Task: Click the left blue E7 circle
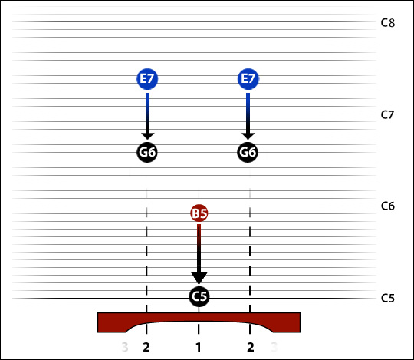(x=147, y=79)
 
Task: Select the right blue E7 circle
(x=248, y=79)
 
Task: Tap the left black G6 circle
(x=147, y=152)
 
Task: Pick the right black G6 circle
(x=248, y=152)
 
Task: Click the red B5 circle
(x=199, y=213)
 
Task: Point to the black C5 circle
(x=199, y=296)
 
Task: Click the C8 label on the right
(x=388, y=23)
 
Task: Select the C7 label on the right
(x=387, y=114)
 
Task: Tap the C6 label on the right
(x=388, y=206)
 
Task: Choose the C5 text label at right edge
(x=388, y=298)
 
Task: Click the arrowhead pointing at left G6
(x=148, y=135)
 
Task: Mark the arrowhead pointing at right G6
(x=248, y=135)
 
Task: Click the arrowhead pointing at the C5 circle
(x=199, y=278)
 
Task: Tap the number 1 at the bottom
(x=199, y=347)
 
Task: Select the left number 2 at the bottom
(x=146, y=347)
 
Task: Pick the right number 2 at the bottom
(x=251, y=347)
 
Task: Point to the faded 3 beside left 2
(x=125, y=347)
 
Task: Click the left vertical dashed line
(x=146, y=260)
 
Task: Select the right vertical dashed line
(x=250, y=260)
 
